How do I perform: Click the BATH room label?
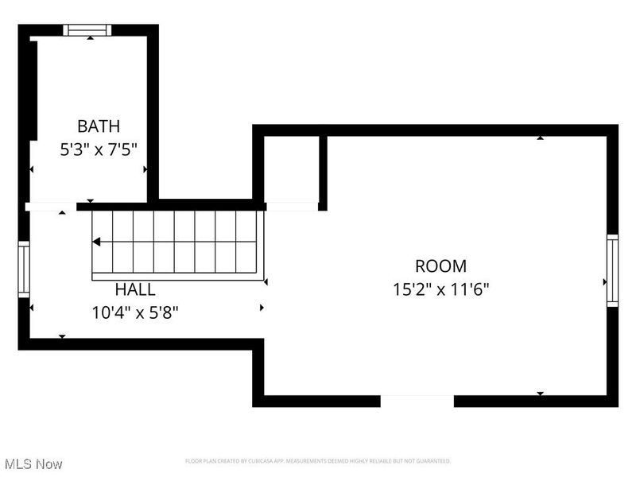99,126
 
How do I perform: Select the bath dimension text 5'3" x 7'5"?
99,149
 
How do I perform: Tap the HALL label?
135,289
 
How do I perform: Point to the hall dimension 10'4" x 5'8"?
135,312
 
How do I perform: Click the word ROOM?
440,266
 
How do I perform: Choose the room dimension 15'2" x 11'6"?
440,289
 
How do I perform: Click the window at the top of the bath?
87,30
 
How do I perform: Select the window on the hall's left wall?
24,270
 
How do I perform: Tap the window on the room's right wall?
612,270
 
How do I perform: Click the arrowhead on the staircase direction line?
96,242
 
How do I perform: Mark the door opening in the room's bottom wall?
417,401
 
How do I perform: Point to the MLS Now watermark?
33,463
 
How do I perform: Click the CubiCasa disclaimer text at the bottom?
318,461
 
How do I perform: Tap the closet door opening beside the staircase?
292,207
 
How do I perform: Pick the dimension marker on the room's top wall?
541,138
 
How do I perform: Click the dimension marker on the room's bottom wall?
541,394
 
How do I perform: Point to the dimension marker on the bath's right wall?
145,169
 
